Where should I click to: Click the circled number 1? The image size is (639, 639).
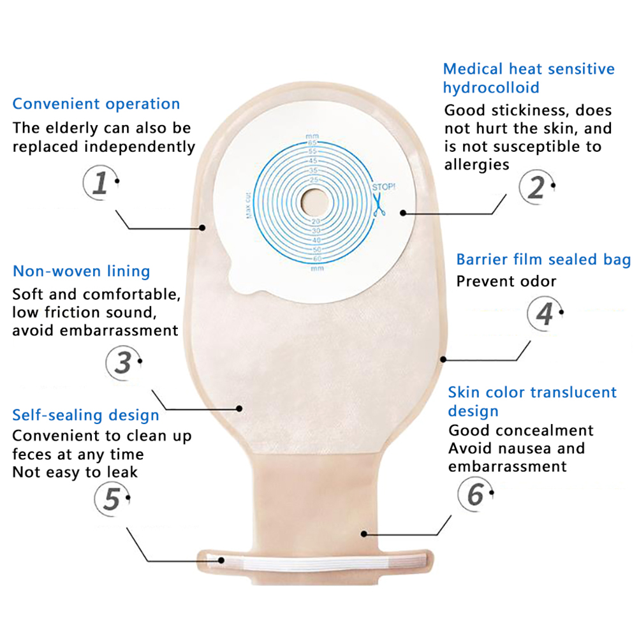[101, 182]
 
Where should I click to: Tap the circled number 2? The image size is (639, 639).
[537, 187]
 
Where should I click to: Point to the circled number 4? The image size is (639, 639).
[545, 314]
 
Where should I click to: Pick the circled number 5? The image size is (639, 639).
[112, 499]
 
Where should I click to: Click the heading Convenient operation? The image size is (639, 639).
[96, 104]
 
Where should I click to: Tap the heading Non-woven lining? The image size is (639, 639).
[82, 271]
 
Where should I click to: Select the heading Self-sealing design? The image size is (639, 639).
[85, 415]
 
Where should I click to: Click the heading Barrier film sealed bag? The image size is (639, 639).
[543, 259]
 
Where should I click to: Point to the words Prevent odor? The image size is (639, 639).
[506, 281]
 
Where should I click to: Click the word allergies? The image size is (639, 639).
[477, 165]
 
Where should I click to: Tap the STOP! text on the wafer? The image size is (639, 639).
[383, 187]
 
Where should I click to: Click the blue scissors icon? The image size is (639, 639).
[379, 205]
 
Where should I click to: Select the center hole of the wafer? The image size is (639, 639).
[314, 202]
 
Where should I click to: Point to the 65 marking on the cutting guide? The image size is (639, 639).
[312, 143]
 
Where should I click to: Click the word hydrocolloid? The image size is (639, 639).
[491, 87]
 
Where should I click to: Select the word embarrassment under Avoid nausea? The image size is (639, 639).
[508, 466]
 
